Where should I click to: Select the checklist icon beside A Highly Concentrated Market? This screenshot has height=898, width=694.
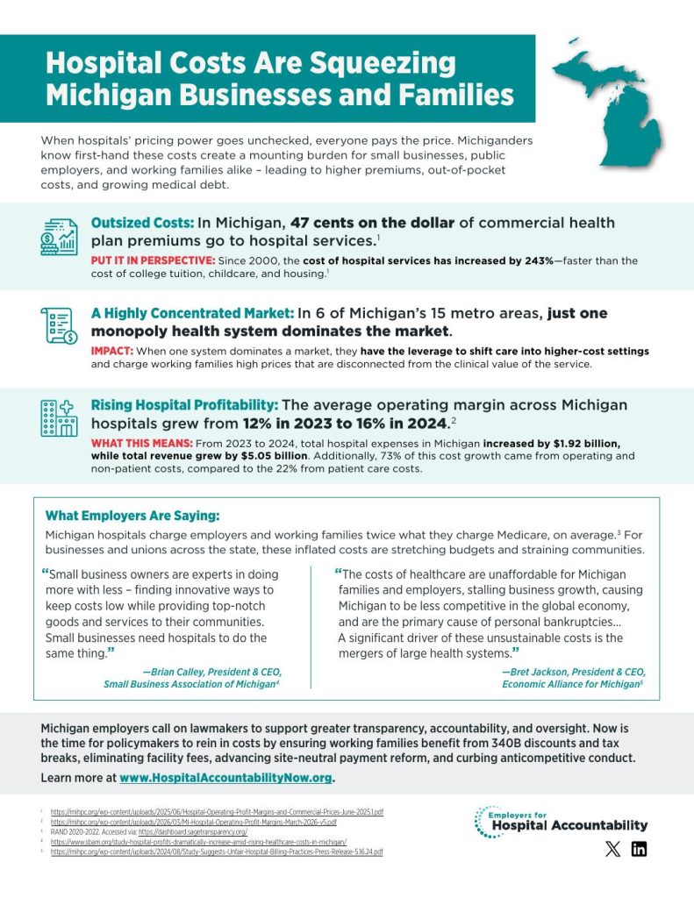click(59, 325)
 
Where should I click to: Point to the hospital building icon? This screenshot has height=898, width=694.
click(59, 417)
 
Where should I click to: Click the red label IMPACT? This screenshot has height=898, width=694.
click(111, 351)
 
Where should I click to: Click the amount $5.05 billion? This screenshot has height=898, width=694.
click(267, 457)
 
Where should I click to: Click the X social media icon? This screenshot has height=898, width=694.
click(611, 849)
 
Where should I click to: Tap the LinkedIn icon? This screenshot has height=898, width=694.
click(639, 849)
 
